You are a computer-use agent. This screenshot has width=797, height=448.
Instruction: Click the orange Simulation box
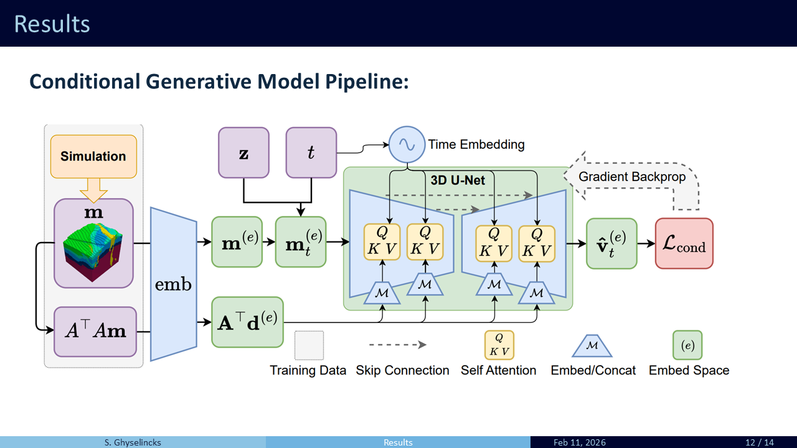(93, 157)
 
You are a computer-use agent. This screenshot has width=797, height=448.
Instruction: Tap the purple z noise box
(243, 152)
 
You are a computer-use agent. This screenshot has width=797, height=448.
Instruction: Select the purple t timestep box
(311, 152)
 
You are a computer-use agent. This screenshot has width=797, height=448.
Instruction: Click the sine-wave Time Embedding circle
(406, 145)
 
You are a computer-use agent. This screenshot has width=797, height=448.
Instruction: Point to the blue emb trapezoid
(174, 284)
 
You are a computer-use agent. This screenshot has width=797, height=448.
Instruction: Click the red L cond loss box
(684, 243)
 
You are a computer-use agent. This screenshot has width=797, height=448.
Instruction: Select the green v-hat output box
(611, 243)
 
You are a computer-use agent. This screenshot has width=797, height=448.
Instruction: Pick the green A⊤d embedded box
(247, 322)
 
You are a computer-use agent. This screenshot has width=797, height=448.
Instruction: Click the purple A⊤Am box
(95, 331)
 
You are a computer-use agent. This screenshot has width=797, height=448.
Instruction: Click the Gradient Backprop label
(632, 177)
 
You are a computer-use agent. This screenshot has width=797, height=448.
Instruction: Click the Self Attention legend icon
(499, 345)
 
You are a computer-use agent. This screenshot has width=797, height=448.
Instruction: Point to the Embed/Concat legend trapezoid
(593, 345)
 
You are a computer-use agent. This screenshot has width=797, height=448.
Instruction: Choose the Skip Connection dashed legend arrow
(397, 345)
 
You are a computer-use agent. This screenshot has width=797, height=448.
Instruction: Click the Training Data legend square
(309, 345)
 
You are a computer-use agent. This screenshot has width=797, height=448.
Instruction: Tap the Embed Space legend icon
(687, 345)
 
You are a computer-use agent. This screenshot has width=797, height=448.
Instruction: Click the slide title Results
(52, 24)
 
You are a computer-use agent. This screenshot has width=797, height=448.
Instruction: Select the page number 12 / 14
(759, 442)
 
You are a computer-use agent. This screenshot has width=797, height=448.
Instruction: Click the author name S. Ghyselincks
(133, 442)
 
